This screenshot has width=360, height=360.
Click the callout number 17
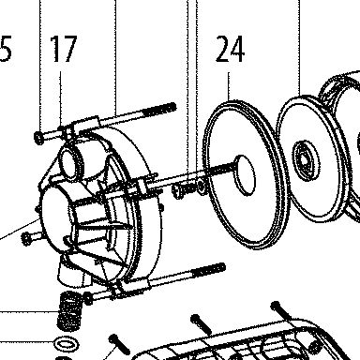[x=64, y=49]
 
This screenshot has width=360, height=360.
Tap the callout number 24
[x=230, y=49]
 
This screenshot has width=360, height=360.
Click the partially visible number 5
[x=6, y=49]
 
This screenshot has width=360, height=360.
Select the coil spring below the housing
[x=69, y=311]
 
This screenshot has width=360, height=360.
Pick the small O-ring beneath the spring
[x=66, y=344]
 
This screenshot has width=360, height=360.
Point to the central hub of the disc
[x=307, y=160]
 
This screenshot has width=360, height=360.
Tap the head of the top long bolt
[x=38, y=138]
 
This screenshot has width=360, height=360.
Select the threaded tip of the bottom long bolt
[x=208, y=270]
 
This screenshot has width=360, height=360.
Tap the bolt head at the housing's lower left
[x=26, y=239]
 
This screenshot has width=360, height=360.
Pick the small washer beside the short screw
[x=202, y=187]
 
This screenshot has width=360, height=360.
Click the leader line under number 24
[x=229, y=86]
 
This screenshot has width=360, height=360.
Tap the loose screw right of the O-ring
[x=119, y=345]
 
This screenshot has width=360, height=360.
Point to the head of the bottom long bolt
[x=88, y=299]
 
